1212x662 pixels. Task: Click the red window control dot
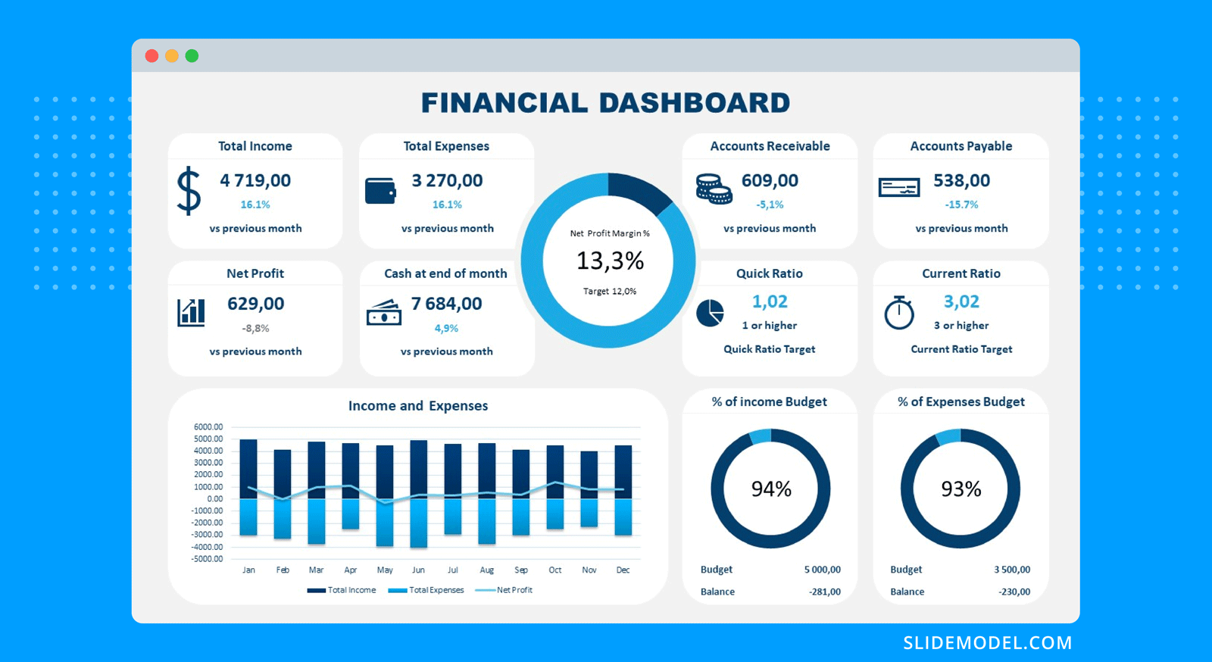(x=151, y=56)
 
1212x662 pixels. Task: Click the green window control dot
(x=192, y=56)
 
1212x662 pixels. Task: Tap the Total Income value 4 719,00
(x=255, y=180)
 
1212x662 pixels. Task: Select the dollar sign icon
(x=189, y=191)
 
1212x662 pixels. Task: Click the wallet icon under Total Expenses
(x=380, y=191)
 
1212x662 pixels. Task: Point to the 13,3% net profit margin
(x=610, y=261)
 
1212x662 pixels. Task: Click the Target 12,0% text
(x=610, y=291)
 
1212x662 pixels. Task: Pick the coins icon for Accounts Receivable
(x=714, y=189)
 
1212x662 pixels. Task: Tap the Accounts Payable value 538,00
(x=961, y=180)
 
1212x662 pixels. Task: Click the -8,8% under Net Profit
(x=255, y=328)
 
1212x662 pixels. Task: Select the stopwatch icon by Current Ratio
(x=899, y=312)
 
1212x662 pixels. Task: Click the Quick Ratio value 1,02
(x=770, y=301)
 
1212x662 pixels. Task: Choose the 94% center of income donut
(x=771, y=489)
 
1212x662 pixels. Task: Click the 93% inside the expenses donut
(x=961, y=489)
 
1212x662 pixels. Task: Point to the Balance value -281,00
(x=824, y=592)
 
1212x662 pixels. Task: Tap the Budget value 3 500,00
(x=1012, y=570)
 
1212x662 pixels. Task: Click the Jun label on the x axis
(x=418, y=570)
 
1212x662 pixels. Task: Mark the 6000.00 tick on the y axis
(x=208, y=426)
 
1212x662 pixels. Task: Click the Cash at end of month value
(x=446, y=304)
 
